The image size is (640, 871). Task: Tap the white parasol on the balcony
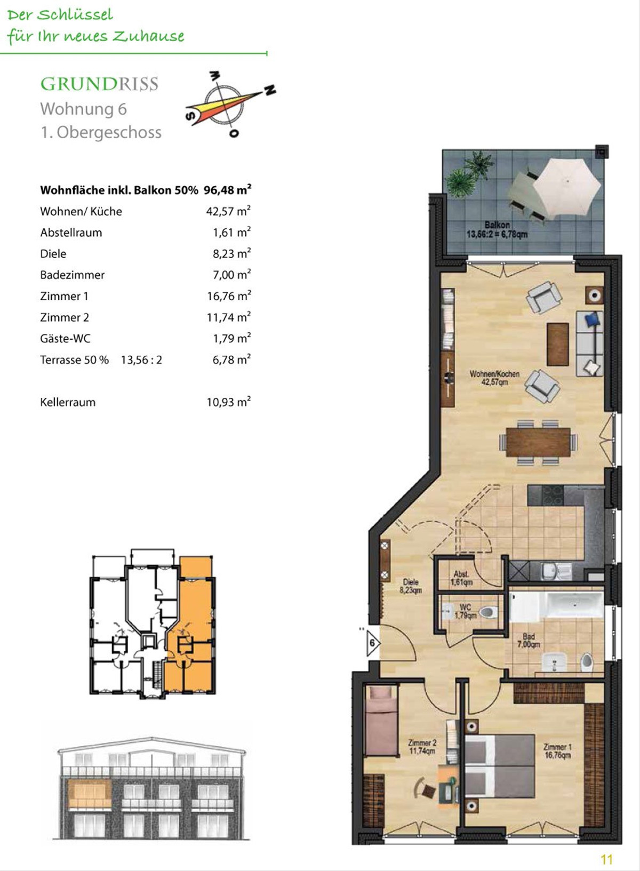(566, 188)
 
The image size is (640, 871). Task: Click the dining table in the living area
(539, 442)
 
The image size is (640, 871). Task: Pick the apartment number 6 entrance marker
(372, 643)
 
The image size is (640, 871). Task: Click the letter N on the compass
(270, 90)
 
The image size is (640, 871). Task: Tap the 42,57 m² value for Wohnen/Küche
(228, 211)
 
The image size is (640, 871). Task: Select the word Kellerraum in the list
(68, 402)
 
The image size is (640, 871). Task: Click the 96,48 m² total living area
(227, 190)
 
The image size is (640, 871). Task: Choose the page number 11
(607, 859)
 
